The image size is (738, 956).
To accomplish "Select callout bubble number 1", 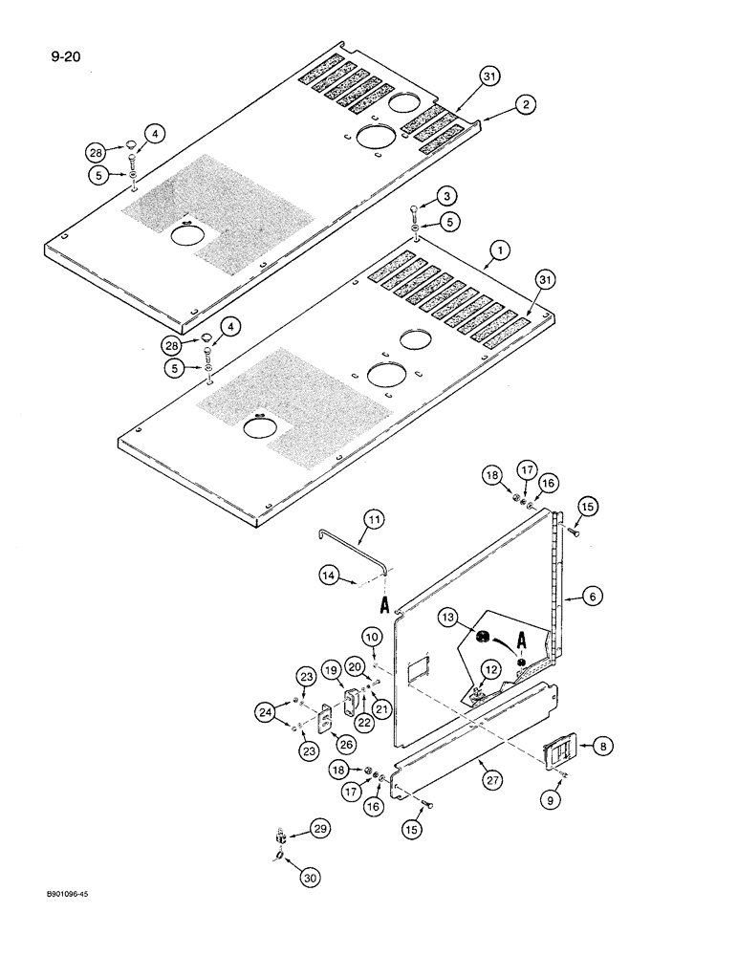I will tap(495, 253).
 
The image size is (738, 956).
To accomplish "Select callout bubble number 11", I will tap(375, 521).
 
